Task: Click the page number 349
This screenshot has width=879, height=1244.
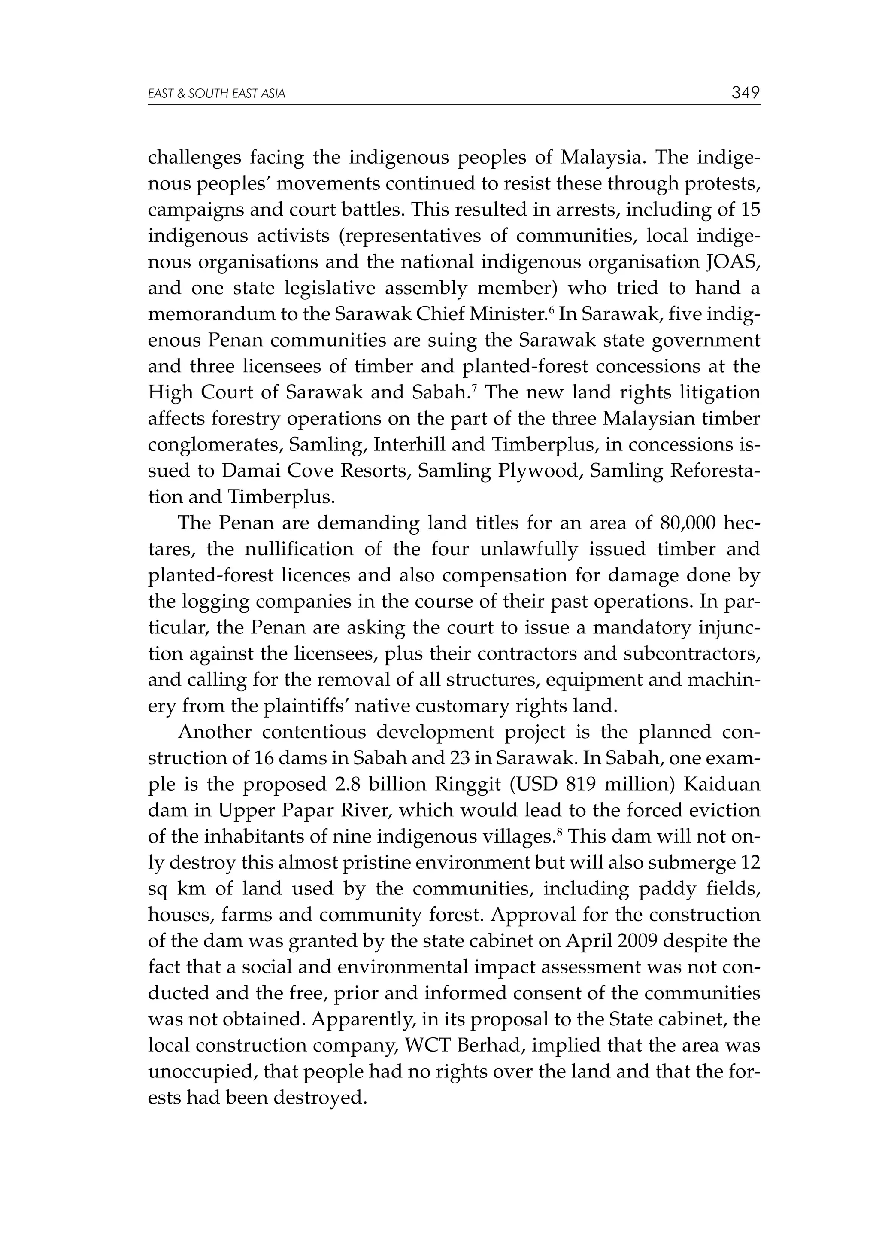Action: pos(746,93)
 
